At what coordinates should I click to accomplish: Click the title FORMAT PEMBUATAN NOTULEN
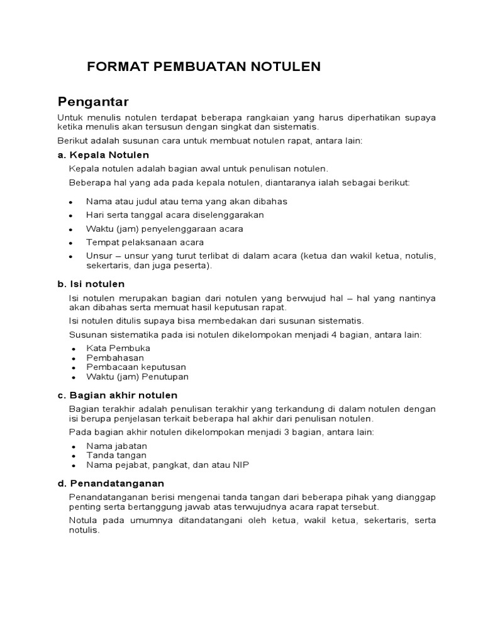pyautogui.click(x=204, y=67)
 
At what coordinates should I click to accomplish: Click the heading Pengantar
pyautogui.click(x=93, y=101)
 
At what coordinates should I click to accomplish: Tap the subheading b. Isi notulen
pyautogui.click(x=91, y=284)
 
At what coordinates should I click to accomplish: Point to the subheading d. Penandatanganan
pyautogui.click(x=111, y=483)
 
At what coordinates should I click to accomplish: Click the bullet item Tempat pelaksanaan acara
pyautogui.click(x=145, y=242)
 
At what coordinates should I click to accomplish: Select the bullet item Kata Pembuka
pyautogui.click(x=118, y=347)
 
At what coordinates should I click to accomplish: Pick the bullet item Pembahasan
pyautogui.click(x=115, y=357)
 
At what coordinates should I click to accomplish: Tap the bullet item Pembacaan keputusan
pyautogui.click(x=136, y=367)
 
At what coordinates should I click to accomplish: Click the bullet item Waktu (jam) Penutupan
pyautogui.click(x=137, y=377)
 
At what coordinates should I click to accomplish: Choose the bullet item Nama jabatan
pyautogui.click(x=116, y=445)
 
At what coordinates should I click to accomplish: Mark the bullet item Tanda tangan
pyautogui.click(x=116, y=455)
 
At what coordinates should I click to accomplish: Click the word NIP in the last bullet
pyautogui.click(x=241, y=465)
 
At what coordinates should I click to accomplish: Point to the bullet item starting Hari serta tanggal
pyautogui.click(x=166, y=214)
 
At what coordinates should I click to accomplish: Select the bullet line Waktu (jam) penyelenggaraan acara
pyautogui.click(x=164, y=229)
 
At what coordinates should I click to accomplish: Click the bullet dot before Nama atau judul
pyautogui.click(x=72, y=202)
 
